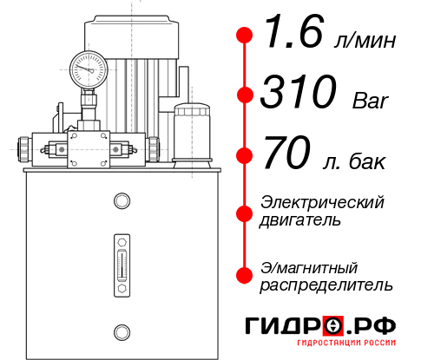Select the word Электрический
tap(322, 202)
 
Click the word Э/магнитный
tap(309, 266)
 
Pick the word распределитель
tap(326, 284)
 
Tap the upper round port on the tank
tap(121, 201)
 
